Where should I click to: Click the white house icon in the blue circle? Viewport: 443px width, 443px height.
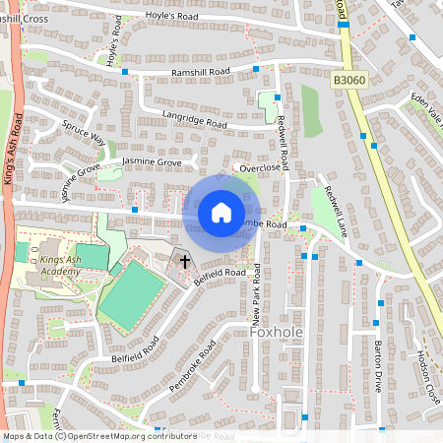point(221,213)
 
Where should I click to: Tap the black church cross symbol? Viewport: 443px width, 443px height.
point(184,261)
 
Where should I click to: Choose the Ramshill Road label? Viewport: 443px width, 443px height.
point(201,72)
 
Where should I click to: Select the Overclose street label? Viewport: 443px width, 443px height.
point(260,168)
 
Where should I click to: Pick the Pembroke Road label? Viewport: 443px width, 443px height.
point(192,366)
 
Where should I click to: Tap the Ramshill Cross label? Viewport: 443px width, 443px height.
point(24,19)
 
